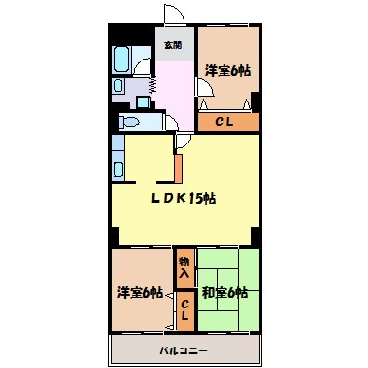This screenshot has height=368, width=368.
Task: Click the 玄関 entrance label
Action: pos(173,45)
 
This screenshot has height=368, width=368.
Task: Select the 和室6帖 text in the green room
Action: pos(225,292)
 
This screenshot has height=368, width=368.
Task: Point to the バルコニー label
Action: pos(184,348)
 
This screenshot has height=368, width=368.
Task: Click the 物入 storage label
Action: pos(184,266)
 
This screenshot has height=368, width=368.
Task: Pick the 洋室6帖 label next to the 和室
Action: pos(139,292)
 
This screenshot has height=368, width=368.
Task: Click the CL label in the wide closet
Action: pos(225,122)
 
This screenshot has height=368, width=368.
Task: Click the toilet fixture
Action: pos(131,122)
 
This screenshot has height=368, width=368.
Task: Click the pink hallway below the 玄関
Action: pos(176,93)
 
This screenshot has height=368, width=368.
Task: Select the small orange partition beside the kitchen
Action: pos(178,166)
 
